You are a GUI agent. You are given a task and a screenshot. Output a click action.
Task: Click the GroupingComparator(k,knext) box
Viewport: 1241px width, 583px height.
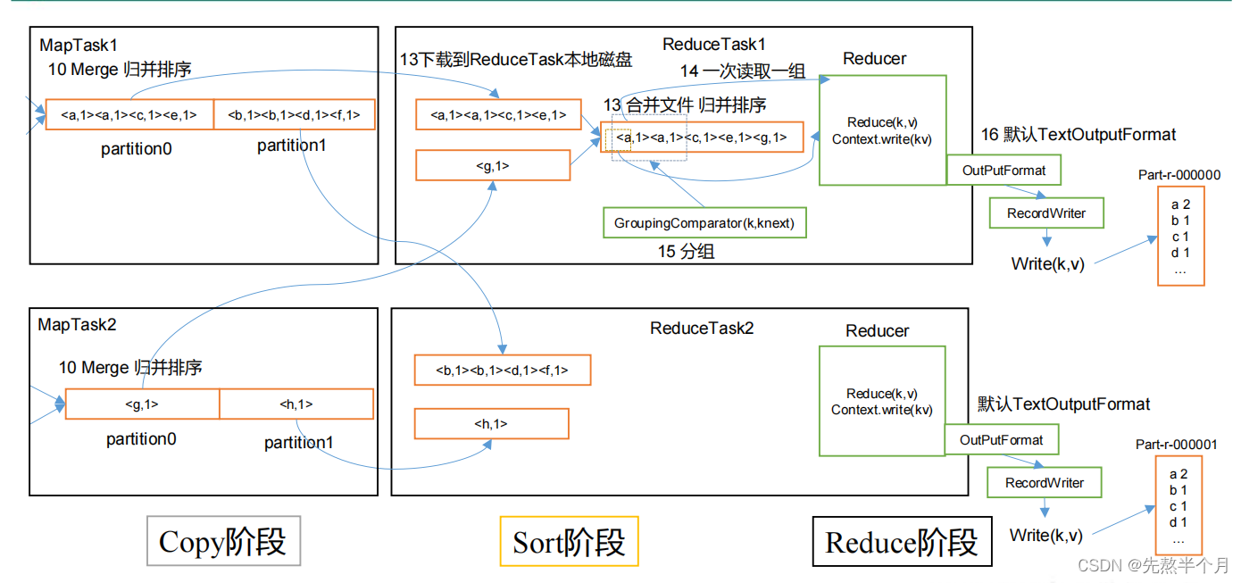pyautogui.click(x=704, y=222)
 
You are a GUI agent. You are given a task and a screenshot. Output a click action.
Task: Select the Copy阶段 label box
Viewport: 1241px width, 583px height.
pyautogui.click(x=223, y=541)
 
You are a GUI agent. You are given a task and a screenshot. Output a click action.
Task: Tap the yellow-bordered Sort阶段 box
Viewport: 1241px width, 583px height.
pyautogui.click(x=569, y=542)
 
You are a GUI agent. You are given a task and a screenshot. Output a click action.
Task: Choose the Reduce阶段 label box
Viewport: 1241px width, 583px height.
pyautogui.click(x=902, y=542)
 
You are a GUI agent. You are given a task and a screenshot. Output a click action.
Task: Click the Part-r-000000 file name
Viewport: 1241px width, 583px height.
pyautogui.click(x=1179, y=175)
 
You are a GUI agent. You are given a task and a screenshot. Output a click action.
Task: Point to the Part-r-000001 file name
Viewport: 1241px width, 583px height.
pyautogui.click(x=1176, y=445)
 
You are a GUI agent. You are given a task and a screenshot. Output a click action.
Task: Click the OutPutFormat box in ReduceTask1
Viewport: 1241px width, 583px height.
pyautogui.click(x=1004, y=170)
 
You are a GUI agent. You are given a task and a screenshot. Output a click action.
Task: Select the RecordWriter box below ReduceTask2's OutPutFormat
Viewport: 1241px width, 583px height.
pyautogui.click(x=1044, y=483)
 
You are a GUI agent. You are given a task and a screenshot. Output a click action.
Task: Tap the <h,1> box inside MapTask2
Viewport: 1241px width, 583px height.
pyautogui.click(x=296, y=404)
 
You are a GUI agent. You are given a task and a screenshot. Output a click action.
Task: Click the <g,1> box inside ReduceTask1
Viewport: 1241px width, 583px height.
pyautogui.click(x=493, y=165)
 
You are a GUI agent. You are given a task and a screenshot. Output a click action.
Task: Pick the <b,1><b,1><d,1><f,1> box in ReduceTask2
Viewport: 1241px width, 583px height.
pyautogui.click(x=502, y=370)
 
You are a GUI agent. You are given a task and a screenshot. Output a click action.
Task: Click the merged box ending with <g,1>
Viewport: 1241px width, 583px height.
pyautogui.click(x=702, y=137)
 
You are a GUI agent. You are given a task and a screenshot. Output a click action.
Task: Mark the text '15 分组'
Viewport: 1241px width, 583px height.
pyautogui.click(x=686, y=252)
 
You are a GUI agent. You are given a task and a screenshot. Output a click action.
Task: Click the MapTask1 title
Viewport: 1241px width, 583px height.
pyautogui.click(x=79, y=45)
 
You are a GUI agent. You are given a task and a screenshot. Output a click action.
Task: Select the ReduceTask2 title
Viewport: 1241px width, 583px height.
pyautogui.click(x=702, y=329)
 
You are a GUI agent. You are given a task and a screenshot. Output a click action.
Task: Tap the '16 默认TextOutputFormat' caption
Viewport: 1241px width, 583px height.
pyautogui.click(x=1079, y=135)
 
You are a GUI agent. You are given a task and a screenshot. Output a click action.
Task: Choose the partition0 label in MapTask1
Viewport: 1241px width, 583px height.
pyautogui.click(x=137, y=149)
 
